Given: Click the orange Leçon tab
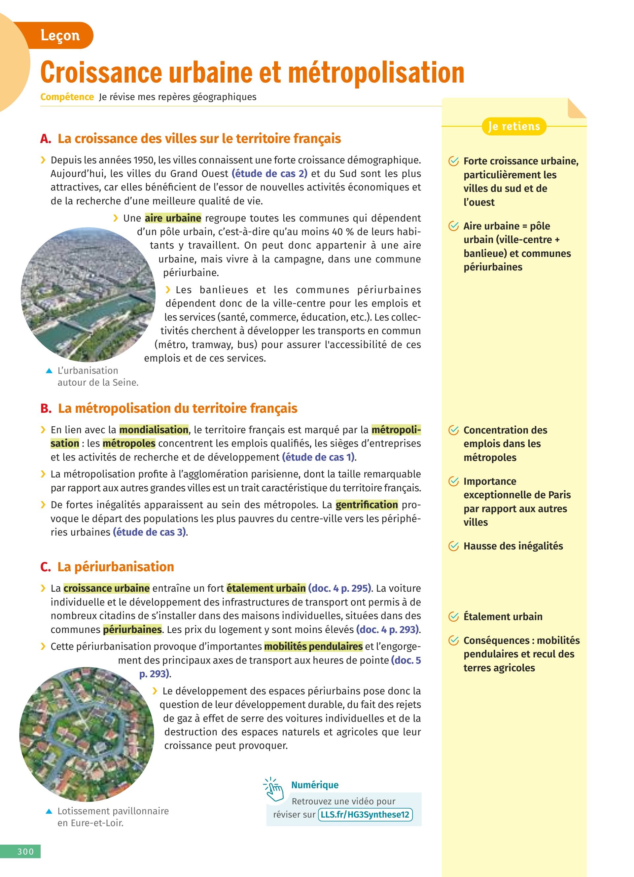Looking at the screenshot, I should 60,36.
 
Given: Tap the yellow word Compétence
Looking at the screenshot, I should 67,97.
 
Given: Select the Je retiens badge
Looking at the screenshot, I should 514,126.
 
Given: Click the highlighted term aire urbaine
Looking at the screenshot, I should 173,218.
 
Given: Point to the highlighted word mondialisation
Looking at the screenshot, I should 154,430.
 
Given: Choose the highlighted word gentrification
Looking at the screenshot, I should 367,505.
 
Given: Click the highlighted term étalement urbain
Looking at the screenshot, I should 266,588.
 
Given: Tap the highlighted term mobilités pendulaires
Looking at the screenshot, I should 313,646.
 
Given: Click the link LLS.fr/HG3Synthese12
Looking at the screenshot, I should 365,814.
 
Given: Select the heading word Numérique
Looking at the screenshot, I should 315,785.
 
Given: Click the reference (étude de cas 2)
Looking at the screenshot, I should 269,174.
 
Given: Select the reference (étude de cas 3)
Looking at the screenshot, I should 150,532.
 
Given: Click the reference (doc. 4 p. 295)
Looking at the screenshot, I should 340,588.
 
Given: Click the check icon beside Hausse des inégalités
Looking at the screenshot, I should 453,546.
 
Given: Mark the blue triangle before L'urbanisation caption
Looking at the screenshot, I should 49,371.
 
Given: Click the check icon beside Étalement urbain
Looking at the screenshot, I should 453,617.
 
